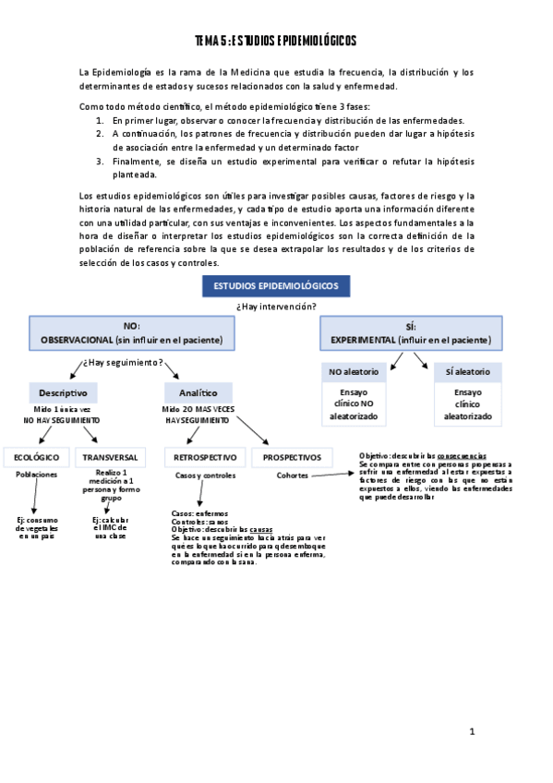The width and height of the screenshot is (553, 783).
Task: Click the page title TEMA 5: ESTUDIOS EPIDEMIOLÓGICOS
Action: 276,42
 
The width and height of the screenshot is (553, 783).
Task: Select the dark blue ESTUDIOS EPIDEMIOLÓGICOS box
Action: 276,287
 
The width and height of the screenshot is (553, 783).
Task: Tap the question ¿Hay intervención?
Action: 276,306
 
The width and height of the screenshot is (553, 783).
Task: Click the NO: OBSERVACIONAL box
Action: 131,333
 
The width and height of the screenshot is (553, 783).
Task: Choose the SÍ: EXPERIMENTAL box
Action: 411,333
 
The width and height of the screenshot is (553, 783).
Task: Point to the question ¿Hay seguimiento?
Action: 125,362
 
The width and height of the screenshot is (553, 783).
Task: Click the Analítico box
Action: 198,392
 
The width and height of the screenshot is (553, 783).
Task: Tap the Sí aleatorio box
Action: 467,372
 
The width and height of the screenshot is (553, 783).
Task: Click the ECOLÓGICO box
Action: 37,457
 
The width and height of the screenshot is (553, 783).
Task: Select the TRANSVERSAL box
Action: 110,457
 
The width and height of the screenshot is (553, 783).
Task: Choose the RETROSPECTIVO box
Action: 205,457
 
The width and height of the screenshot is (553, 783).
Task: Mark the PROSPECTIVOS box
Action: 292,457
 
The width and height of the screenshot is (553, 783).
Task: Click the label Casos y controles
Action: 205,476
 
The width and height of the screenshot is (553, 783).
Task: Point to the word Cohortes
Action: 293,476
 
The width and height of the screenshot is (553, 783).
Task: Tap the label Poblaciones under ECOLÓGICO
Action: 37,475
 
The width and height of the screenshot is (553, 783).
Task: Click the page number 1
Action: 472,732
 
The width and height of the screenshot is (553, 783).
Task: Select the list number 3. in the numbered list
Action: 100,160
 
